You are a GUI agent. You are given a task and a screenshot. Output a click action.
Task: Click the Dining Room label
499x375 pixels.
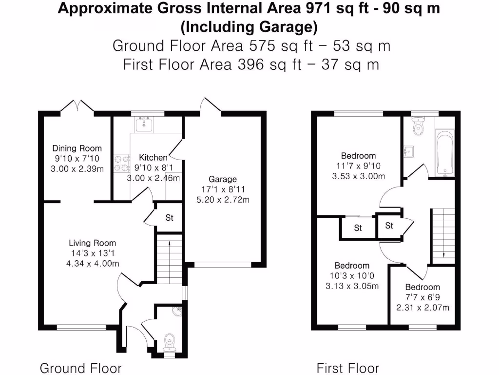click(x=77, y=148)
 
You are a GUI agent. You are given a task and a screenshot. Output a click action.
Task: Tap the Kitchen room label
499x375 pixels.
click(x=153, y=158)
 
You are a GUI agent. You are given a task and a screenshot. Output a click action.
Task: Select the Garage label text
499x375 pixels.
click(x=223, y=180)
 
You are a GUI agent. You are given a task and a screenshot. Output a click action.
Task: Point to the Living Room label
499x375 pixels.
click(x=92, y=243)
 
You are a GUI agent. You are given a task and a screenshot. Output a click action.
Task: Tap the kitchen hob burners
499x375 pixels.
click(x=120, y=163)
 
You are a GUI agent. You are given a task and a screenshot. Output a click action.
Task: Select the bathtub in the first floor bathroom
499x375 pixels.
click(x=443, y=153)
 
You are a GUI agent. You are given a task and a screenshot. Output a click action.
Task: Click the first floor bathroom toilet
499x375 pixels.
click(x=418, y=127)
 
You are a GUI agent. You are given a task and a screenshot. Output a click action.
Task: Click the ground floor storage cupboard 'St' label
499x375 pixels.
click(x=169, y=218)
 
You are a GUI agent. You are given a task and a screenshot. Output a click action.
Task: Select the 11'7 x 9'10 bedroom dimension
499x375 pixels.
click(x=358, y=166)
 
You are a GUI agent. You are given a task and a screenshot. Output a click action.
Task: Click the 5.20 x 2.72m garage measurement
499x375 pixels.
click(x=223, y=199)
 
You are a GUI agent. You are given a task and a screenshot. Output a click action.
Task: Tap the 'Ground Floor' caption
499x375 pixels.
click(x=80, y=368)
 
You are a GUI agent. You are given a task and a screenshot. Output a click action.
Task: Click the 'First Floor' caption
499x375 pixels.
click(x=347, y=368)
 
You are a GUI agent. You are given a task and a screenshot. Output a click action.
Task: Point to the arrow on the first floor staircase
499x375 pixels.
click(x=444, y=254)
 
